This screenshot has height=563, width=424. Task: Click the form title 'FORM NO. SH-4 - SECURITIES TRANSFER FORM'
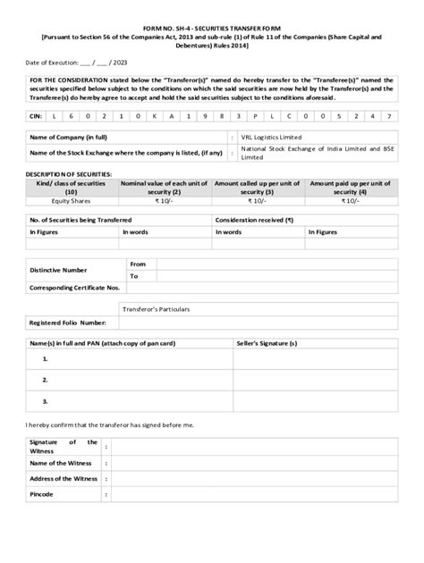211,29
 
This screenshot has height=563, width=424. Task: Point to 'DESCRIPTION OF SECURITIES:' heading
72,172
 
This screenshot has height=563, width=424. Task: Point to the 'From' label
138,265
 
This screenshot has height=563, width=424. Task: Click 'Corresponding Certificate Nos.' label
75,289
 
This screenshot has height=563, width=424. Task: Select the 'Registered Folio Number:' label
68,322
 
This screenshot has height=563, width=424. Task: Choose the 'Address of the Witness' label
64,479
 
